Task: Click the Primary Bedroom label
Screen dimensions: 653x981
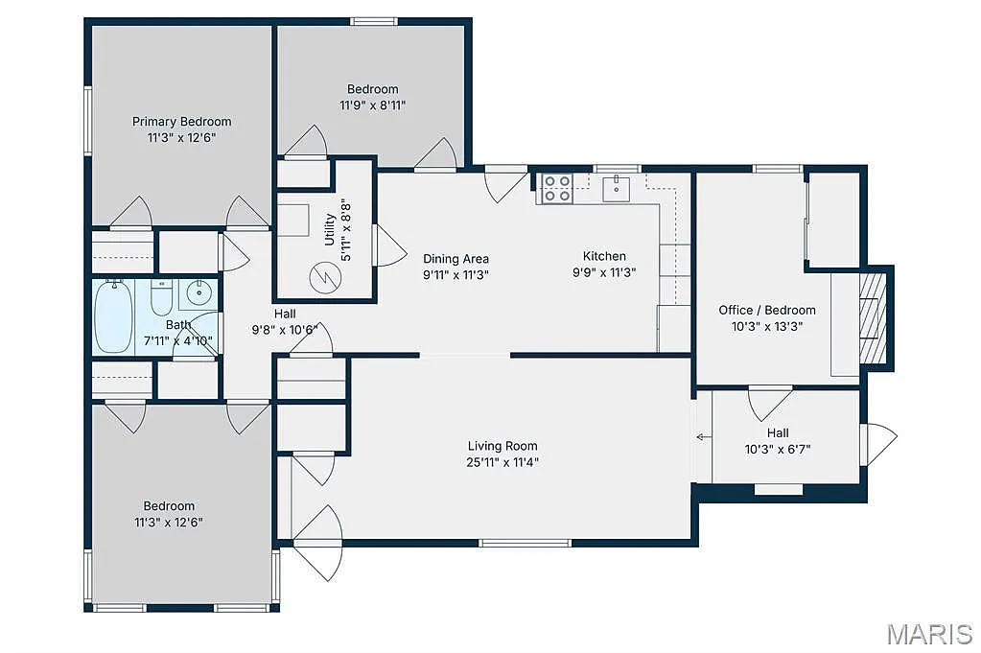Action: pyautogui.click(x=181, y=122)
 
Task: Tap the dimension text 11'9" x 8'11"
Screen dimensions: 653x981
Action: pyautogui.click(x=373, y=105)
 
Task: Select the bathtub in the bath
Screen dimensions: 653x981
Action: pyautogui.click(x=111, y=316)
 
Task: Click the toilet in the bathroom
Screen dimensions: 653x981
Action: pyautogui.click(x=161, y=300)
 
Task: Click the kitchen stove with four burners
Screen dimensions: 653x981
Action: pyautogui.click(x=557, y=188)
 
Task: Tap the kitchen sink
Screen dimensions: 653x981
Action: pyautogui.click(x=616, y=188)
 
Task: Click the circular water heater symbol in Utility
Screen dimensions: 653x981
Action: pyautogui.click(x=321, y=278)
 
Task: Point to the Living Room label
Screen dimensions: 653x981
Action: pyautogui.click(x=502, y=446)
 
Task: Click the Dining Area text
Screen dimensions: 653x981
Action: pyautogui.click(x=456, y=259)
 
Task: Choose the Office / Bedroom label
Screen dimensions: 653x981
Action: pyautogui.click(x=767, y=310)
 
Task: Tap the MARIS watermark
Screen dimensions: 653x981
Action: pyautogui.click(x=928, y=633)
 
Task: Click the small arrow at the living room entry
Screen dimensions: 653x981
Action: pyautogui.click(x=703, y=437)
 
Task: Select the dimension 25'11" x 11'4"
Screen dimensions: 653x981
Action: pyautogui.click(x=502, y=462)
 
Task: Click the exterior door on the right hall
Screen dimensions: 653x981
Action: pyautogui.click(x=878, y=444)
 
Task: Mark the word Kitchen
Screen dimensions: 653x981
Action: pyautogui.click(x=604, y=256)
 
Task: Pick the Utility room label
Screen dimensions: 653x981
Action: pyautogui.click(x=330, y=229)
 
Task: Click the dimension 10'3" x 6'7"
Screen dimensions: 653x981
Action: pyautogui.click(x=778, y=449)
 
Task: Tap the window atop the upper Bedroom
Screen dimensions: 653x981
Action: pyautogui.click(x=373, y=21)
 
